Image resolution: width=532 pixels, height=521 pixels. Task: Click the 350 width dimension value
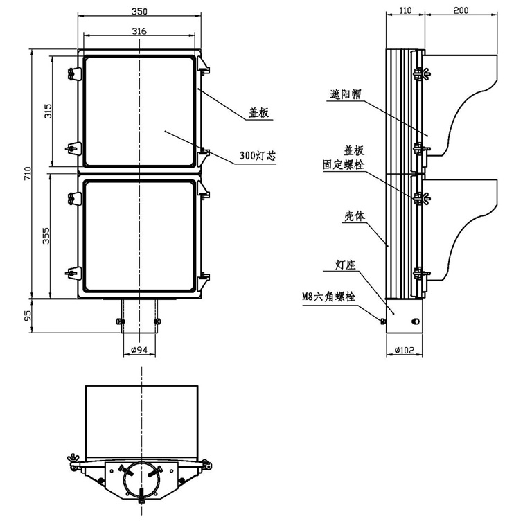point(139,10)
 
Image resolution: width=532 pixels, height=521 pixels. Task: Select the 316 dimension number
point(139,30)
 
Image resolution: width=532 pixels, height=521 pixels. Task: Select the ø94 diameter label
point(139,351)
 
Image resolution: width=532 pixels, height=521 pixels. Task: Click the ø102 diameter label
point(404,351)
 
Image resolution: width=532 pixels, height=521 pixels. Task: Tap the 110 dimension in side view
point(405,10)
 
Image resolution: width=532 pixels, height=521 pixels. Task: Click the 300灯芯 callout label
point(258,157)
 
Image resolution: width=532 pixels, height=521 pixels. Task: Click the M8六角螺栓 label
point(328,296)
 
